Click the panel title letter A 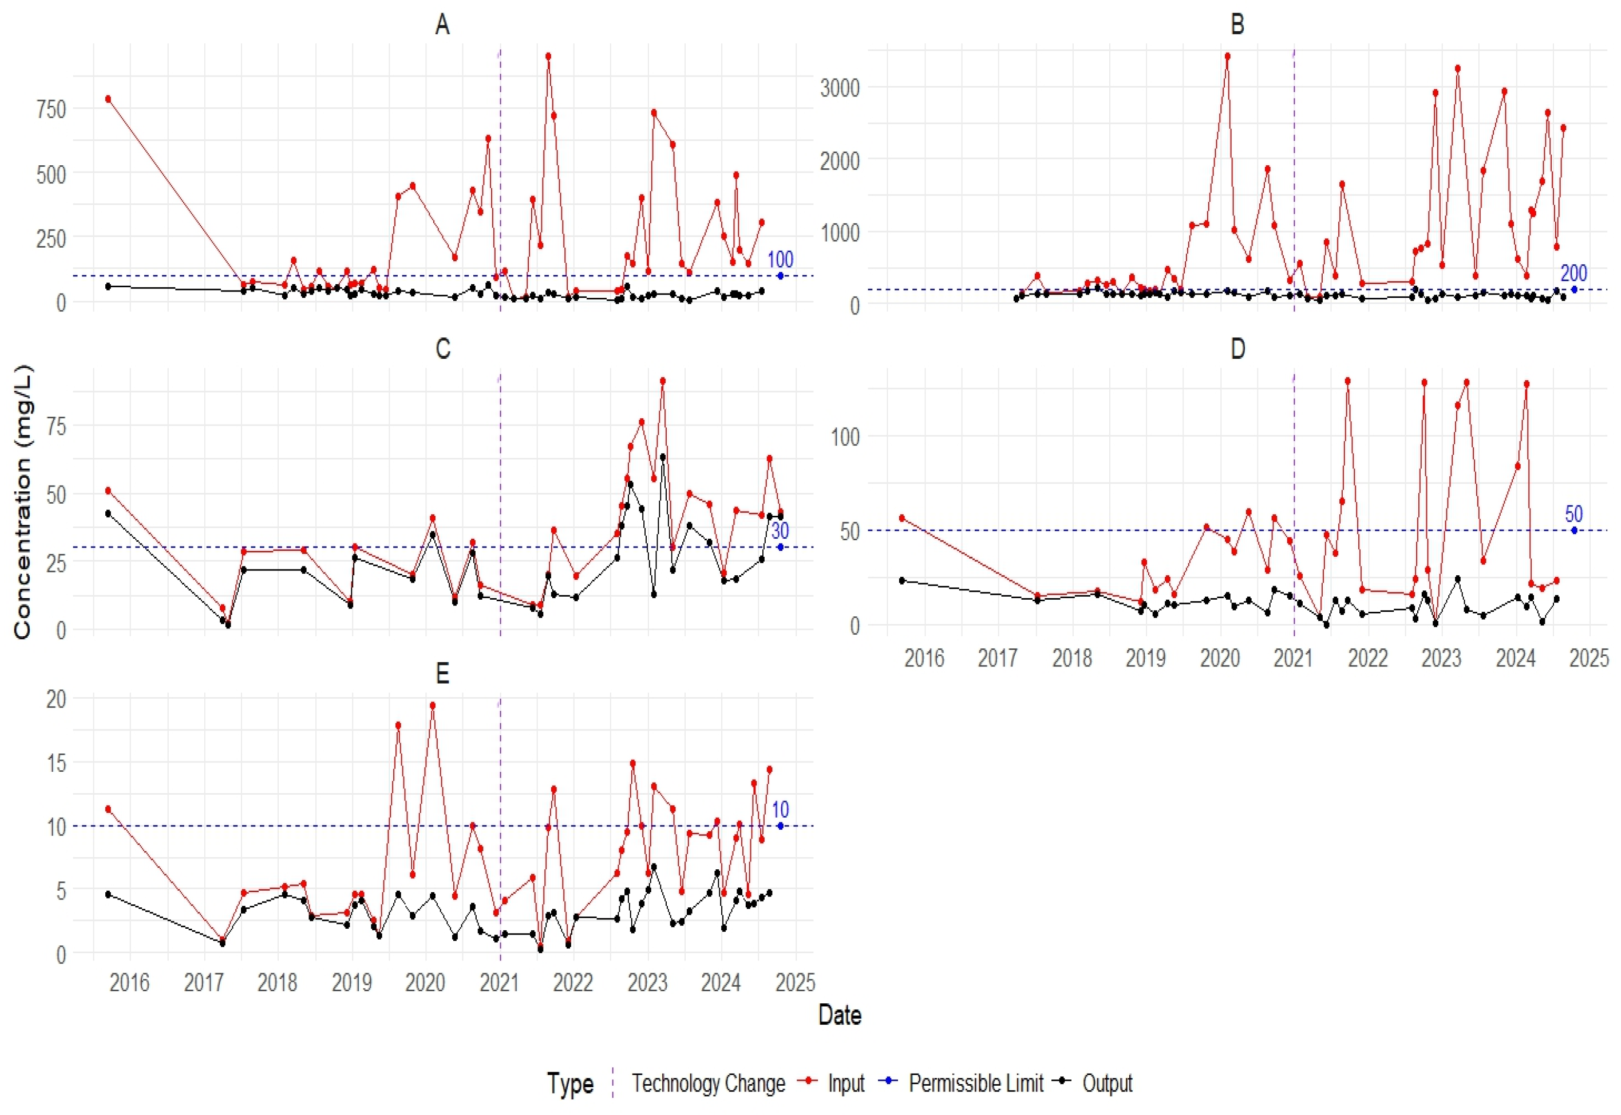442,25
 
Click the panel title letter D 1237,349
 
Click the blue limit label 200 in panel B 1574,273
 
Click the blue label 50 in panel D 1574,514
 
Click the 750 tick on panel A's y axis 51,109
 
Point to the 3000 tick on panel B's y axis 839,88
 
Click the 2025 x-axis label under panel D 1589,658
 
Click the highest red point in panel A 548,57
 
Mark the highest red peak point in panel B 1227,57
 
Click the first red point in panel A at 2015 108,99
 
